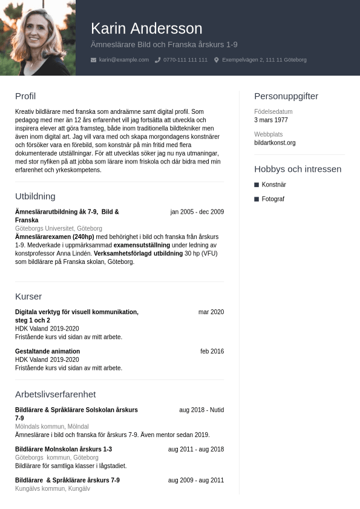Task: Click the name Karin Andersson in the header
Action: tap(146, 28)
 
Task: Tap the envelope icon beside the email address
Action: tap(93, 60)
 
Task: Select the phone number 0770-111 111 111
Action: tap(185, 60)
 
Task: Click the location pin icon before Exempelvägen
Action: tap(217, 60)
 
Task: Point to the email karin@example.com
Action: tap(124, 60)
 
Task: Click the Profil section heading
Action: tap(25, 96)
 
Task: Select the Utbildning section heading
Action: tap(35, 196)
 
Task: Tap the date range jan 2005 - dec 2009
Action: tap(197, 212)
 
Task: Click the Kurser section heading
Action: tap(28, 297)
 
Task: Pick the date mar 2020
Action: tap(211, 312)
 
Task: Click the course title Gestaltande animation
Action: tap(47, 352)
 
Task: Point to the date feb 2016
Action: tap(212, 352)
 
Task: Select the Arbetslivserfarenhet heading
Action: tap(55, 395)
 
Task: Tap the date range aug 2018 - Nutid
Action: tap(201, 410)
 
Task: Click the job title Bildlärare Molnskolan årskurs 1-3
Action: tap(64, 450)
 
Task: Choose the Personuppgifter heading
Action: tap(286, 96)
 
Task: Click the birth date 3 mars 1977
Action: tap(271, 120)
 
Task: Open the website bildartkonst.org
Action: tap(275, 143)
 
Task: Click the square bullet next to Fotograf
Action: tap(257, 199)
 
